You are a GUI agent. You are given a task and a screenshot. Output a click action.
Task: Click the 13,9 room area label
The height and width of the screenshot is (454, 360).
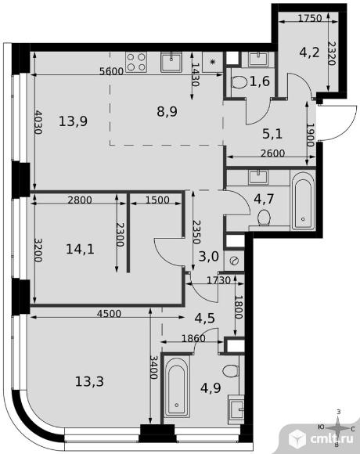click(73, 121)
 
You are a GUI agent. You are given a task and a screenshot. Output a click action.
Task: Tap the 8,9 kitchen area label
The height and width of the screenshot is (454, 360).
click(167, 111)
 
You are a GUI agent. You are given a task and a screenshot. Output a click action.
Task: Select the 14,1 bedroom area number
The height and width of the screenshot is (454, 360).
click(80, 249)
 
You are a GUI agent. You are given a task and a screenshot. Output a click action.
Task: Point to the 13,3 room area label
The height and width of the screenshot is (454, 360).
click(89, 381)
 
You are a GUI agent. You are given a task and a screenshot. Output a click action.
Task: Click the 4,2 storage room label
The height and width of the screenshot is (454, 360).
click(309, 52)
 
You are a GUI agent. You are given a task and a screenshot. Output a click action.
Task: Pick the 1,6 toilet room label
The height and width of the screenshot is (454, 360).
click(260, 81)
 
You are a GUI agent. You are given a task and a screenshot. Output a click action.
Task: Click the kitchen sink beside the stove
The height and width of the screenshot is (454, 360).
click(171, 62)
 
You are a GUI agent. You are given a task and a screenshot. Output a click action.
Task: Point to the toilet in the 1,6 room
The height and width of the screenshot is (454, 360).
click(239, 82)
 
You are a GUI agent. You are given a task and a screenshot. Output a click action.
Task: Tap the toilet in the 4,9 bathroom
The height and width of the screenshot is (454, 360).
click(231, 370)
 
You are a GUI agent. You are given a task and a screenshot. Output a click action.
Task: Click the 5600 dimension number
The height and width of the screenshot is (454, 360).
click(111, 71)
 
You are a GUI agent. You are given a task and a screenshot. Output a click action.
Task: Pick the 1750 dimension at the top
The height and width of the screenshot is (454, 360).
click(310, 18)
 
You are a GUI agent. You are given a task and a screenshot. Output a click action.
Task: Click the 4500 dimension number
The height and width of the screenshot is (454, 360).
click(109, 314)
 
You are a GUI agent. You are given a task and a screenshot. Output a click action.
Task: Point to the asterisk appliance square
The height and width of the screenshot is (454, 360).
click(213, 62)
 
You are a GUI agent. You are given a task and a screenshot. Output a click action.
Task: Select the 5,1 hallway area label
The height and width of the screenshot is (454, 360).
click(272, 134)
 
